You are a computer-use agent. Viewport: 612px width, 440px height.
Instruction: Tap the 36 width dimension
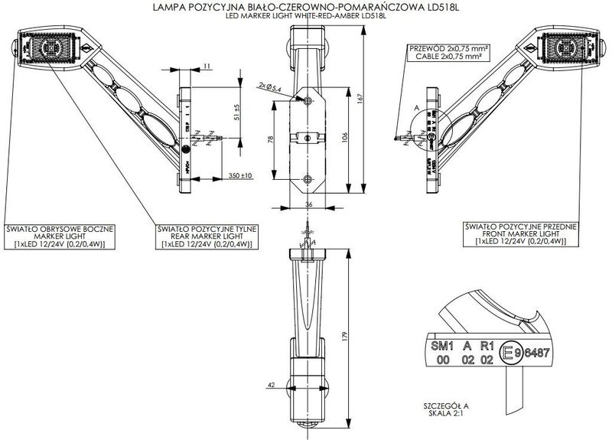click(309, 204)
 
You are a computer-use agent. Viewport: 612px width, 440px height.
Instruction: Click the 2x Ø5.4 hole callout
click(271, 89)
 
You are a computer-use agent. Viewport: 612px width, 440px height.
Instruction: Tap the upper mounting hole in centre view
click(308, 102)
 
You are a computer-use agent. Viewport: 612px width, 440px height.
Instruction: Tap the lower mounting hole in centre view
click(308, 179)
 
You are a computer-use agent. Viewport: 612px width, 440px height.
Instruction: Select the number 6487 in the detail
click(532, 353)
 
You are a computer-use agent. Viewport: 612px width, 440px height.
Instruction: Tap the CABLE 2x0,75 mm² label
click(449, 56)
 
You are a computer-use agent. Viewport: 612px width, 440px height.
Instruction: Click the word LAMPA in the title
click(168, 8)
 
